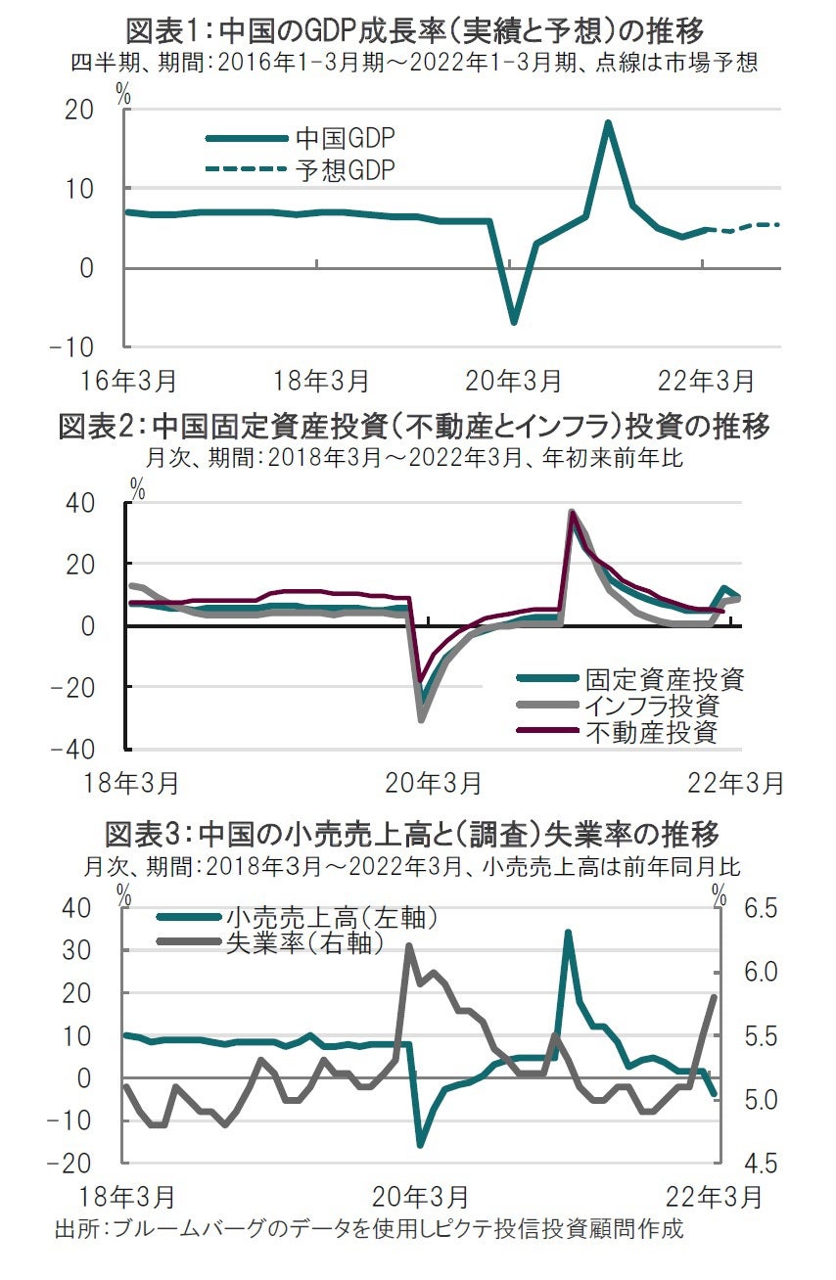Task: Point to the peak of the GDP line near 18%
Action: [x=608, y=123]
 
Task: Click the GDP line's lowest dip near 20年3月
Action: [x=512, y=322]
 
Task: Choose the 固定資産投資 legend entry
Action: [x=665, y=679]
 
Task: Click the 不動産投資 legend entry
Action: [x=652, y=731]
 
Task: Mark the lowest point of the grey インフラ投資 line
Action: [x=422, y=720]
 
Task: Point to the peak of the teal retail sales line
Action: [x=568, y=933]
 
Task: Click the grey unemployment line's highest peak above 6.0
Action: [x=408, y=946]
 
